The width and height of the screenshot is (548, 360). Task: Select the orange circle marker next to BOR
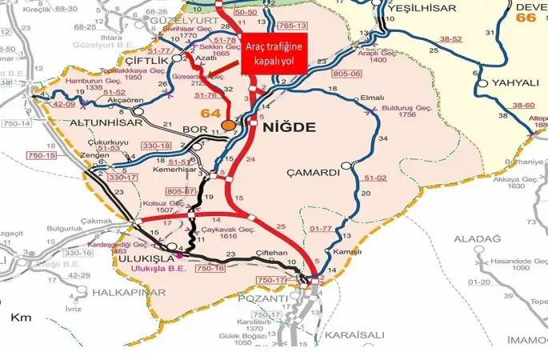click(x=230, y=126)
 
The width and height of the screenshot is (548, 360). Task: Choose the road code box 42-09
click(x=64, y=104)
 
